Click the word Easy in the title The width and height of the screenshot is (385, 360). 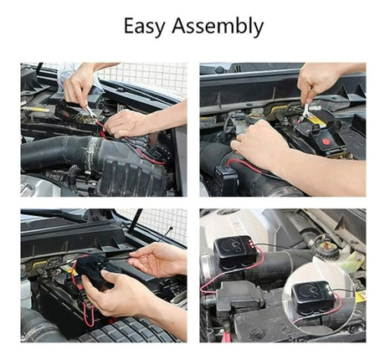pos(144,26)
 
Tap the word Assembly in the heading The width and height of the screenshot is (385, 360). pos(218,26)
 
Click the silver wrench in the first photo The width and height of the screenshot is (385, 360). pos(90,111)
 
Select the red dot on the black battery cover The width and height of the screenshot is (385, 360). pos(326,141)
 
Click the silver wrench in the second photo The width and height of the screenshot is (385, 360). pos(305,111)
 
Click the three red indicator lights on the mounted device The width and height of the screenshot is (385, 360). pos(253,244)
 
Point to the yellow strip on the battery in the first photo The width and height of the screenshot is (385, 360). pos(38,110)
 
